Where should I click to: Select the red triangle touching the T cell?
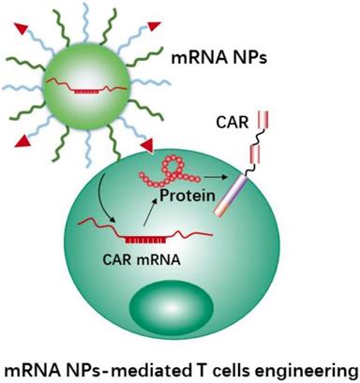click(x=147, y=146)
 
